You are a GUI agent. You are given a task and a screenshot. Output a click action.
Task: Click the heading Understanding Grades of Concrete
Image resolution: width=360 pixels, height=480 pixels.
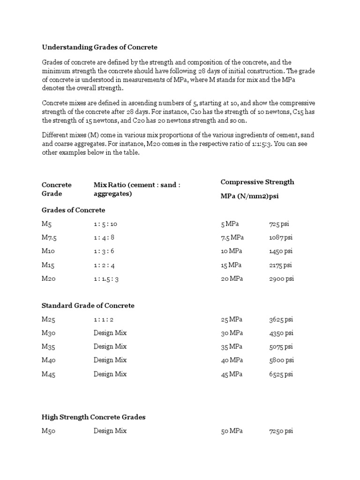[x=99, y=47]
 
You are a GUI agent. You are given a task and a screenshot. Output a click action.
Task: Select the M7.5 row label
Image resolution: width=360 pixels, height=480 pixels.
[x=49, y=238]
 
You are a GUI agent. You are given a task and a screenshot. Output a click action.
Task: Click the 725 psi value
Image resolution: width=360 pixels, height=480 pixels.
[x=279, y=224]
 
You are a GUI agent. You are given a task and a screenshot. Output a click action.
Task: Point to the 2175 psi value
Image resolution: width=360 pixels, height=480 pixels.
[x=280, y=265]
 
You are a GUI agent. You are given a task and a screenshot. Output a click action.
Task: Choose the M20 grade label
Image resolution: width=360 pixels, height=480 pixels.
[x=49, y=278]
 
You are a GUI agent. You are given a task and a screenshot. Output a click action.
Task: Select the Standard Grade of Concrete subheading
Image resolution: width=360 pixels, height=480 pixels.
[x=88, y=306]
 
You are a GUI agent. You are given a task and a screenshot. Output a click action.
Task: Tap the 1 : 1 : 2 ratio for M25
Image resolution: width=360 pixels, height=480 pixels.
[x=103, y=320]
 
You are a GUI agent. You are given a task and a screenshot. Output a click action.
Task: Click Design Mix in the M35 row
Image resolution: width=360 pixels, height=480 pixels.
[x=110, y=347]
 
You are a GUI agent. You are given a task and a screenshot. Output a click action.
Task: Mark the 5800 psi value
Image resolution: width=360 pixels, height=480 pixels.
[x=281, y=360]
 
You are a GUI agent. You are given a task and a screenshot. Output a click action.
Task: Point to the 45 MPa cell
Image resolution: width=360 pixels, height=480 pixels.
[x=232, y=374]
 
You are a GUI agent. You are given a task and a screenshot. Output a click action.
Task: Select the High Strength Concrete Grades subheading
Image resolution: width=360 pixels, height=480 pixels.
[x=93, y=417]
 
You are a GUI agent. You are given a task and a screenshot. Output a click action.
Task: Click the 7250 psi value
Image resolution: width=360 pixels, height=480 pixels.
[x=281, y=431]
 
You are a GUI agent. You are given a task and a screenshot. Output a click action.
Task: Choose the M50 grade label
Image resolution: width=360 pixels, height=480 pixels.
[x=49, y=431]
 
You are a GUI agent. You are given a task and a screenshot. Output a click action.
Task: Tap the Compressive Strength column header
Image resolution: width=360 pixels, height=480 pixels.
[x=257, y=182]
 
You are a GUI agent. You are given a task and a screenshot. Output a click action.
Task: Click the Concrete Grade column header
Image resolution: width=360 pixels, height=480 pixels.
[x=56, y=189]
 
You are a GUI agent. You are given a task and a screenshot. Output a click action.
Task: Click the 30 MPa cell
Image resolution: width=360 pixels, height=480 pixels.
[x=232, y=333]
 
